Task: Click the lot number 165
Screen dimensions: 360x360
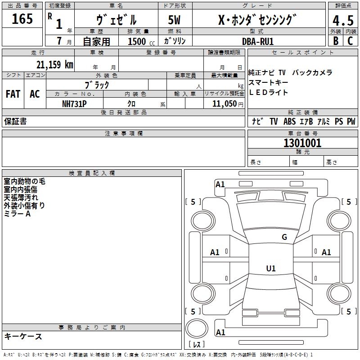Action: [22, 19]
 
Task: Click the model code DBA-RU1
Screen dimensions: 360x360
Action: [257, 41]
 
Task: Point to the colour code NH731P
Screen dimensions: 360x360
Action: [74, 103]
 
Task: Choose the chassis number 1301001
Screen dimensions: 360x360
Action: [302, 143]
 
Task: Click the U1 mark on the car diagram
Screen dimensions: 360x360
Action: [270, 269]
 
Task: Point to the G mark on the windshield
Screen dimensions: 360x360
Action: [284, 237]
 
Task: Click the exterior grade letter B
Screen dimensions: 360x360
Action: [335, 40]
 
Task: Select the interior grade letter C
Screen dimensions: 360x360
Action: [350, 40]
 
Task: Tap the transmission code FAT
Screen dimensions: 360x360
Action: [13, 94]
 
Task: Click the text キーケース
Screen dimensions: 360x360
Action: [23, 336]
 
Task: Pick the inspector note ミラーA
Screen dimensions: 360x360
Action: [17, 214]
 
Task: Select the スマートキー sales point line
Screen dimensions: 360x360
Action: [268, 83]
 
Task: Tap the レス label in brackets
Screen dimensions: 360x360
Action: [197, 345]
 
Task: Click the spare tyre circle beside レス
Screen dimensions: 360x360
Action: [197, 328]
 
